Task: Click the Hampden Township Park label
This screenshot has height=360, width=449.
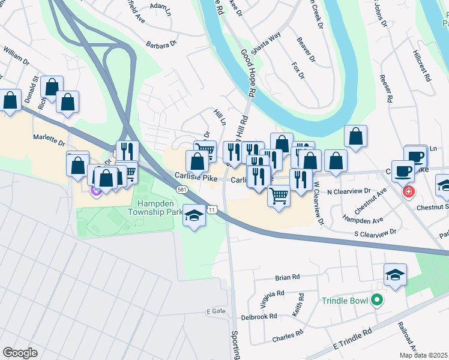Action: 155,208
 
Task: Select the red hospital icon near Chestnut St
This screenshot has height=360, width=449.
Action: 409,192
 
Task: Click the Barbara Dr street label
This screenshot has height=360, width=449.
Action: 162,44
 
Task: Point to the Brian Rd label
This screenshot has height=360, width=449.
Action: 287,277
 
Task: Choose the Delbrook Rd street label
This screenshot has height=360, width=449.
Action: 259,316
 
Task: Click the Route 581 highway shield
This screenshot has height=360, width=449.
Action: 181,189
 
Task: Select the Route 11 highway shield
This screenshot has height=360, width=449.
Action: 212,209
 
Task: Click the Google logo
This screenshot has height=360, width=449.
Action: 20,353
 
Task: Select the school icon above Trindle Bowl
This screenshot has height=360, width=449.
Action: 394,275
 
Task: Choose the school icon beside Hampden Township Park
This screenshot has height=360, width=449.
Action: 194,215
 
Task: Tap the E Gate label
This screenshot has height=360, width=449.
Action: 215,311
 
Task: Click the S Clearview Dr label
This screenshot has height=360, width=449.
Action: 376,232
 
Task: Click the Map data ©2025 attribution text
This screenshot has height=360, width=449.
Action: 424,355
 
